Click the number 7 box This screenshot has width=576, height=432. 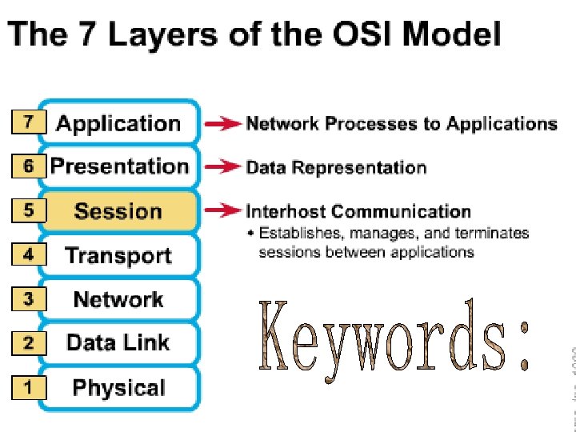click(29, 122)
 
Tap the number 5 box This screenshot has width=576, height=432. click(29, 211)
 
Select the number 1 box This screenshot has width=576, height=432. click(29, 387)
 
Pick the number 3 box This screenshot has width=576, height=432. click(29, 299)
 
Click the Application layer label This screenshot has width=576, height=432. click(118, 124)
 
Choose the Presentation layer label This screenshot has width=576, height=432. click(119, 166)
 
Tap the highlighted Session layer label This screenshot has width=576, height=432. click(118, 211)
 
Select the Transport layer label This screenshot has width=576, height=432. click(118, 255)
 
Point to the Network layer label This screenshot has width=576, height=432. click(118, 299)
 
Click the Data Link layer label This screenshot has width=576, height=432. click(118, 343)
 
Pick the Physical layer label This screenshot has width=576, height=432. click(118, 388)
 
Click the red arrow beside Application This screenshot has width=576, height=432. click(222, 124)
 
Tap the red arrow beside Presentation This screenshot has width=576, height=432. click(222, 166)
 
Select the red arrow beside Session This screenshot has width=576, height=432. click(222, 211)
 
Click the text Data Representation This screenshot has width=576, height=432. click(336, 167)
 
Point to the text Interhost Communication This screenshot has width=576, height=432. click(358, 211)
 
